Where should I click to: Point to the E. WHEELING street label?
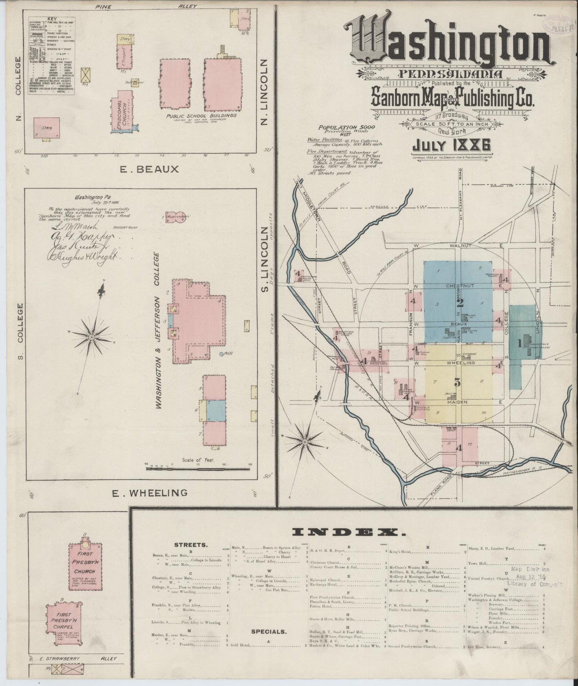click(x=150, y=493)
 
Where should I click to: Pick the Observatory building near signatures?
click(x=176, y=216)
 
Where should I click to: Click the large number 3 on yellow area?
click(x=458, y=382)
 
